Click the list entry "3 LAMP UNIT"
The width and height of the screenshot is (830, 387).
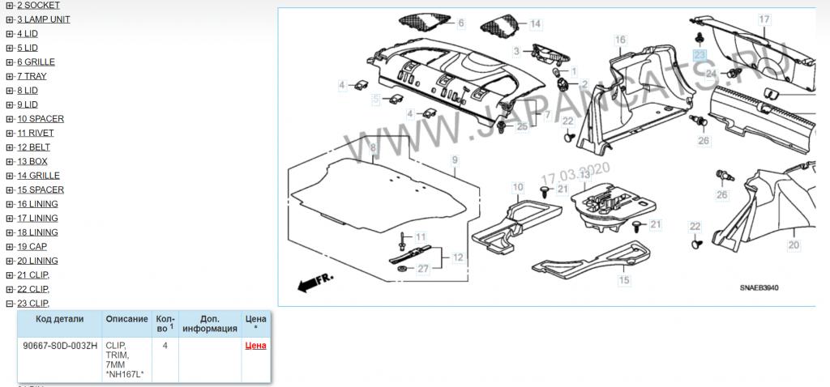44,19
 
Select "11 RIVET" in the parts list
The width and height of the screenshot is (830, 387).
36,134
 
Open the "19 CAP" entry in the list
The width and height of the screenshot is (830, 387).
32,247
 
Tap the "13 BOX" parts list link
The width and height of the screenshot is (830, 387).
32,162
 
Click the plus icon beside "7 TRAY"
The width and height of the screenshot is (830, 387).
10,77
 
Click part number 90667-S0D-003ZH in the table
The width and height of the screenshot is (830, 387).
60,347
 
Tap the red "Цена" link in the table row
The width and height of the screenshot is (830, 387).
255,347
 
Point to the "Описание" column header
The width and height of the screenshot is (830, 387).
126,319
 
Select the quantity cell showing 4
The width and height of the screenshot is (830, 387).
165,346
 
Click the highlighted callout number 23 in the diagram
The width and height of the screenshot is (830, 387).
700,55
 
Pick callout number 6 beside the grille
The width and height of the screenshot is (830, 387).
461,23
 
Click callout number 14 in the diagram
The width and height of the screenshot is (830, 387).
536,23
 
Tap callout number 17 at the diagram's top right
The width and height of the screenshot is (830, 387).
764,19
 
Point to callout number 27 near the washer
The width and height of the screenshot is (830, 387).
423,269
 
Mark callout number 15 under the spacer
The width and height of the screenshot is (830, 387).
625,280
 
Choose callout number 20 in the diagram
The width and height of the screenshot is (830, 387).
794,245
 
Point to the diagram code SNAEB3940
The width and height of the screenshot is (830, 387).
759,288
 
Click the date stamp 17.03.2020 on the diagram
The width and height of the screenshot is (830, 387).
575,174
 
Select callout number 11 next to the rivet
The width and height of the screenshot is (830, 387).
421,236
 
